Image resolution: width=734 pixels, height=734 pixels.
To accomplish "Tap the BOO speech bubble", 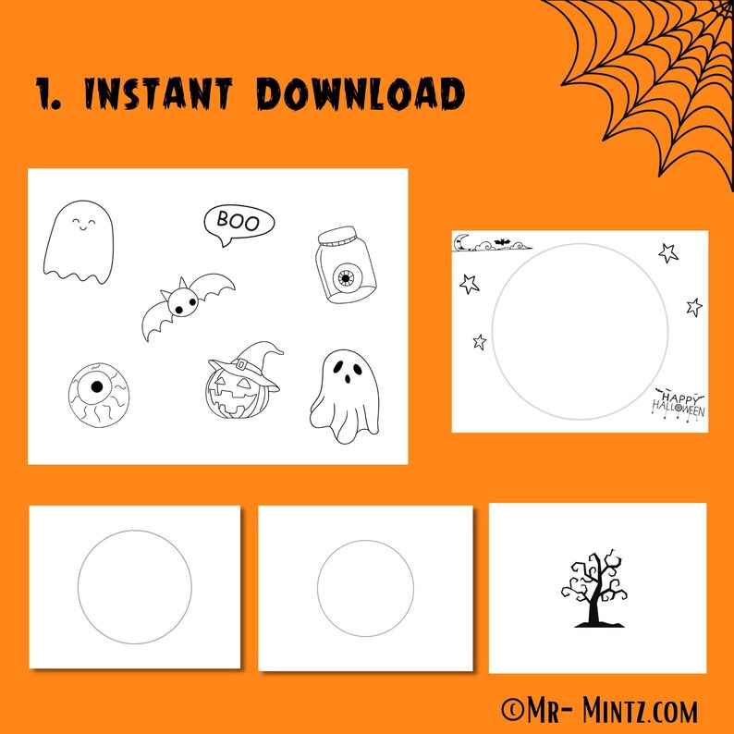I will tap(239, 222).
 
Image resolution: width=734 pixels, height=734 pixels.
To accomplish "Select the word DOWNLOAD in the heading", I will tap(360, 93).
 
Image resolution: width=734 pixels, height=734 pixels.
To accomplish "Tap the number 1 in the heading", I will tap(45, 93).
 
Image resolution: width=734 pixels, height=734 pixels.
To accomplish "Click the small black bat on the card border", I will tap(501, 244).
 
